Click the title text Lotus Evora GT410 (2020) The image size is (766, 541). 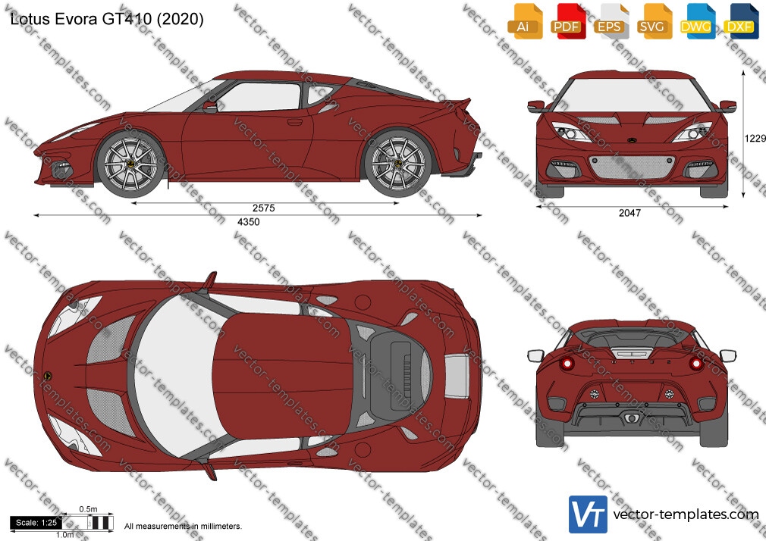point(106,19)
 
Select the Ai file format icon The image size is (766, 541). point(525,21)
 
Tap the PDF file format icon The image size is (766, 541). point(568,21)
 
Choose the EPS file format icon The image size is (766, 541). point(611,21)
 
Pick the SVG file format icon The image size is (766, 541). point(655,21)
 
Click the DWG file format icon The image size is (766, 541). point(698,21)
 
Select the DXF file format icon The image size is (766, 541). point(741,21)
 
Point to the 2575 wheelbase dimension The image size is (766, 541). point(264,208)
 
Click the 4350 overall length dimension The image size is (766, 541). point(249,222)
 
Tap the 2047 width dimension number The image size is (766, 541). point(629,213)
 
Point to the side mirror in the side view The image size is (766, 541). point(210,107)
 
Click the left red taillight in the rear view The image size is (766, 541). point(567,363)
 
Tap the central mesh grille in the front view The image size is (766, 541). point(632,167)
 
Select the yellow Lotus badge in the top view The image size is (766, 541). point(48,376)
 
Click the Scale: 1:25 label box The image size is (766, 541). point(36,523)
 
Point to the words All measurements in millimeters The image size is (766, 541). point(183,527)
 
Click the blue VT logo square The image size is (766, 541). point(589,514)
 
